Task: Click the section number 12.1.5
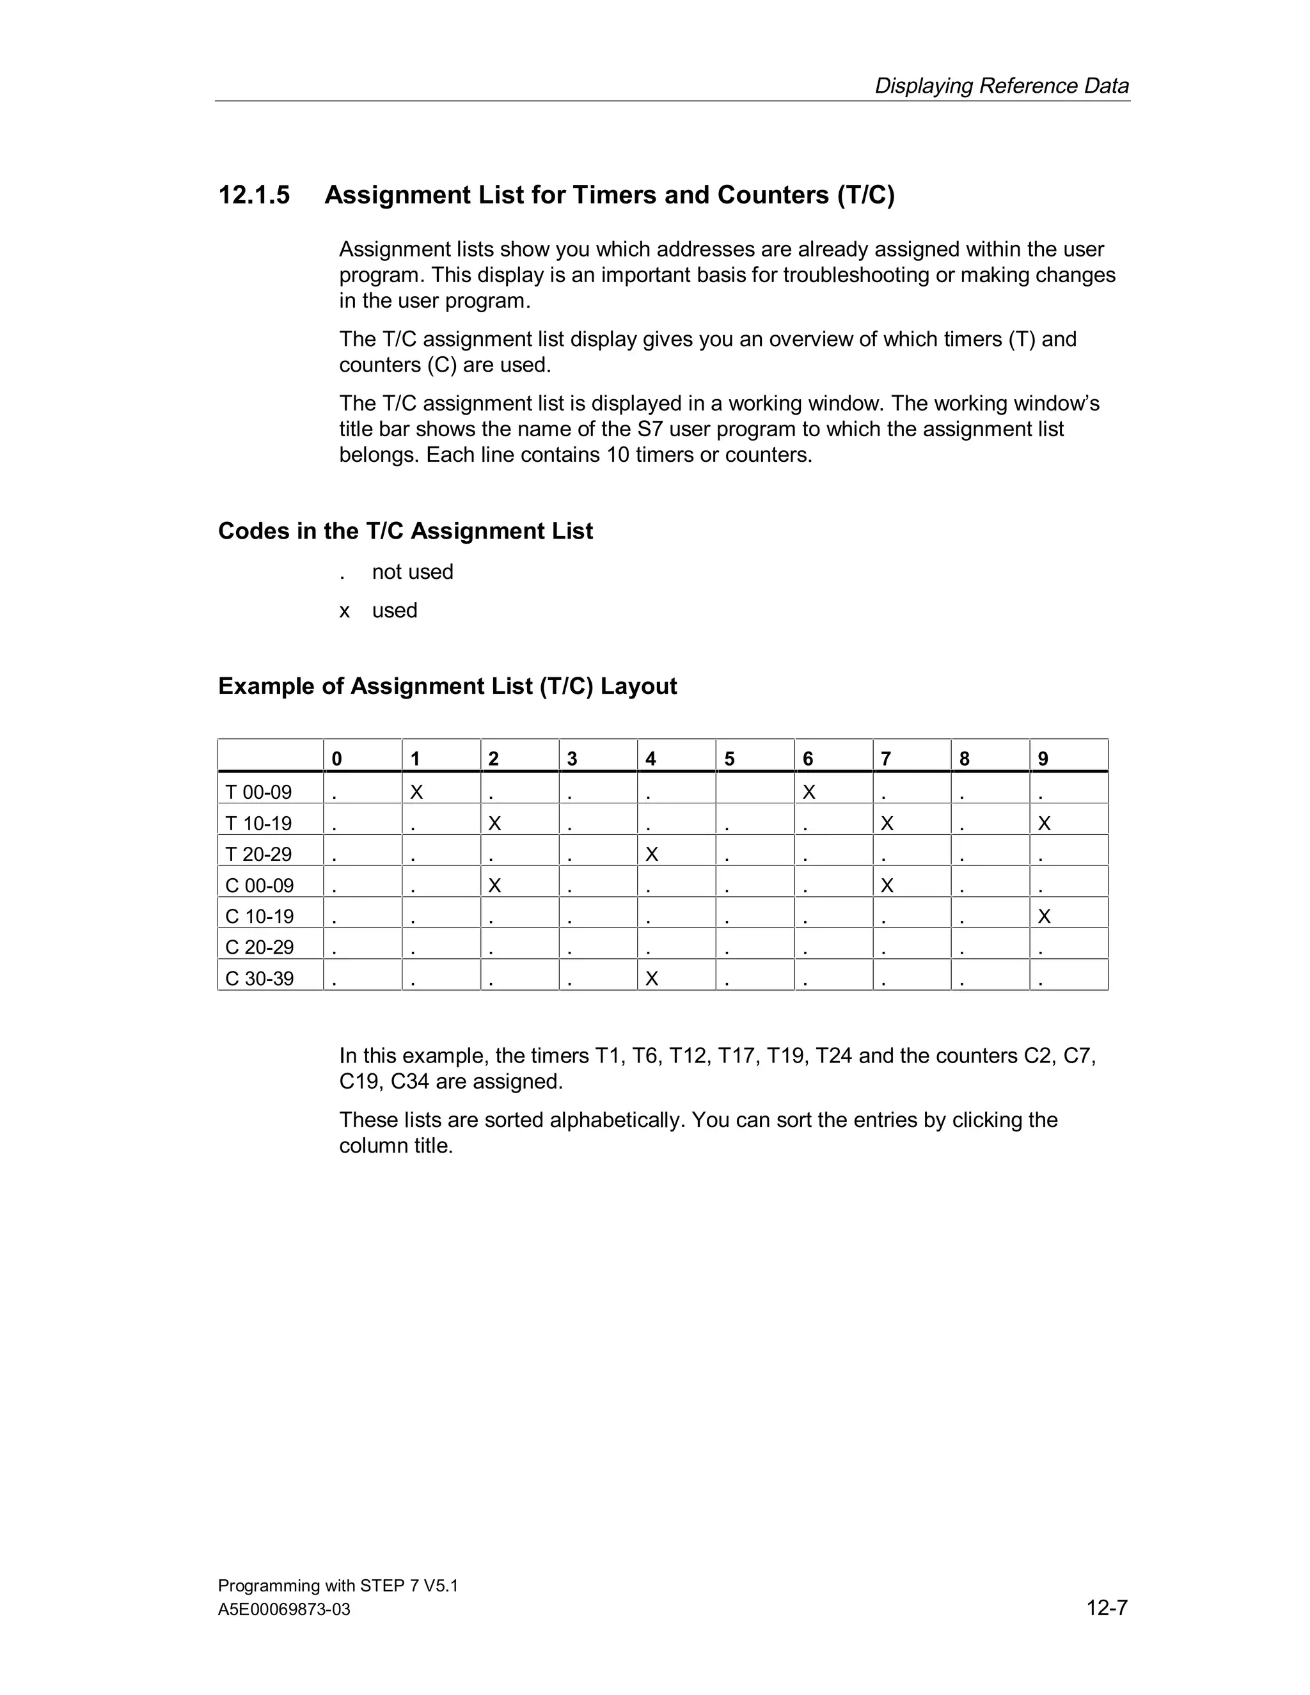pos(254,195)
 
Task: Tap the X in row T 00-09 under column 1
pos(417,792)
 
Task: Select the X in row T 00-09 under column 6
pos(809,792)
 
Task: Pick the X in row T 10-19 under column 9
pos(1044,823)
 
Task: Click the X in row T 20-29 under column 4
pos(652,855)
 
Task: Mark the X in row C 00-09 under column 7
pos(887,885)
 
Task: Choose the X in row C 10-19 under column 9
pos(1044,917)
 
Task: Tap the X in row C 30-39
pos(652,979)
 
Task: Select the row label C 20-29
pos(259,948)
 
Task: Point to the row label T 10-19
pos(258,823)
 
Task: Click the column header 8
pos(965,759)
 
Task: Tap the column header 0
pos(337,759)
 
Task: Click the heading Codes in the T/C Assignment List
pos(405,531)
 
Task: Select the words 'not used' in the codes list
pos(412,572)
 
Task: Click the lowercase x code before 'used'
pos(345,611)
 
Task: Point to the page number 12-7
pos(1107,1607)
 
